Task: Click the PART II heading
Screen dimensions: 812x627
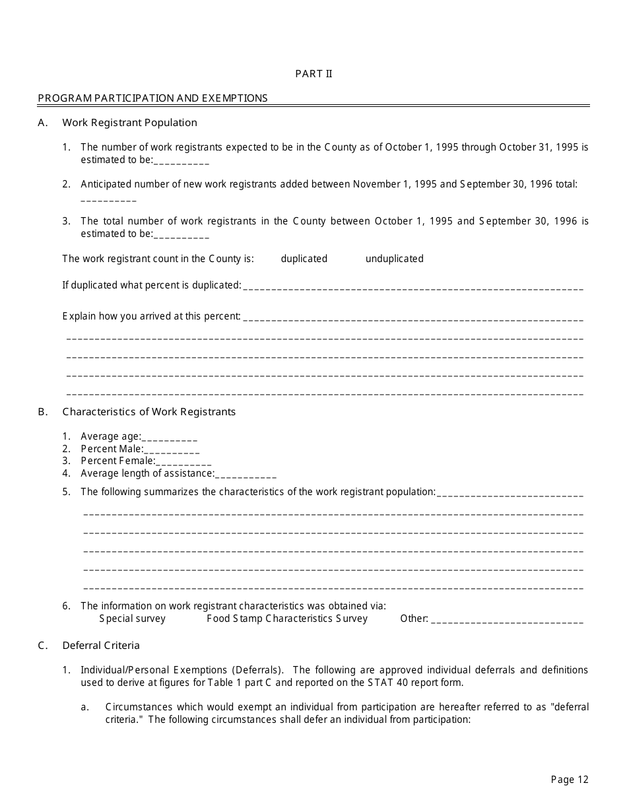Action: (313, 74)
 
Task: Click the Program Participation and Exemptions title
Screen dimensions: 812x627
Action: (152, 98)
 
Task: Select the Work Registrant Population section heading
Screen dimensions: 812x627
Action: (129, 123)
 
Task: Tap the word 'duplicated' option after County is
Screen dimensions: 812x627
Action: (304, 259)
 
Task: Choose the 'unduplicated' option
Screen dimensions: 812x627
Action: (394, 259)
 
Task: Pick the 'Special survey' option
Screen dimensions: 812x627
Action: (132, 619)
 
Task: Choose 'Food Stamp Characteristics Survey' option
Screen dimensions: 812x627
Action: (286, 619)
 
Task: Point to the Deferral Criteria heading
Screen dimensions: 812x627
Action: (101, 646)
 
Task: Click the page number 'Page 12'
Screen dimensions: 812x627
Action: (569, 780)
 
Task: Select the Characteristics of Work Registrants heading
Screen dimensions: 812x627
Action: (148, 412)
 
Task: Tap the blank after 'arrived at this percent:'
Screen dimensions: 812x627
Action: (413, 318)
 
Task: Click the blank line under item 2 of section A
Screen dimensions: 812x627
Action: (108, 198)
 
